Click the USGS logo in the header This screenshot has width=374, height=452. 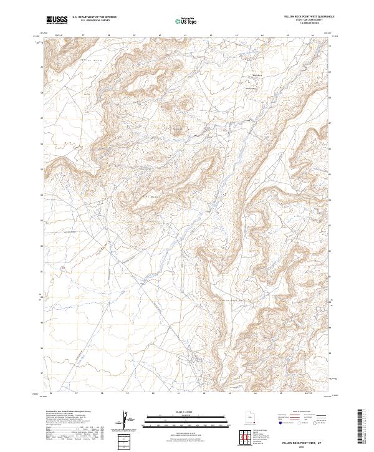coord(57,20)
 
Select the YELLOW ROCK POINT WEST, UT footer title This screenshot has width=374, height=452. coord(303,441)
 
